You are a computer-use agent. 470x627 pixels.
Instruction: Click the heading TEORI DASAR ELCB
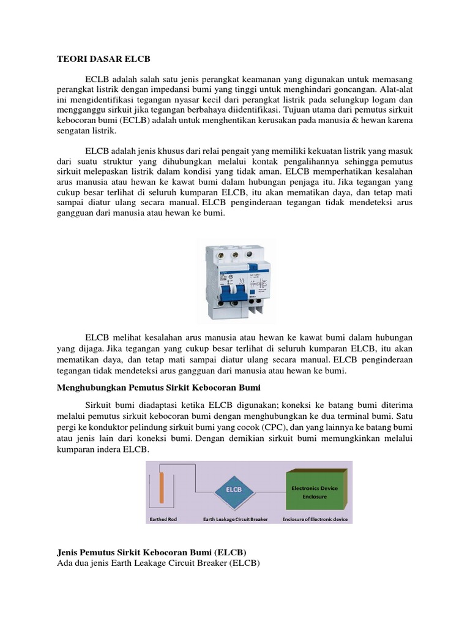click(103, 59)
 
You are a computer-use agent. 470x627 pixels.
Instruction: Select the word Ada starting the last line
click(65, 563)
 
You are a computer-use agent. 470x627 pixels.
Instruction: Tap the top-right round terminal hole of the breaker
click(250, 252)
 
